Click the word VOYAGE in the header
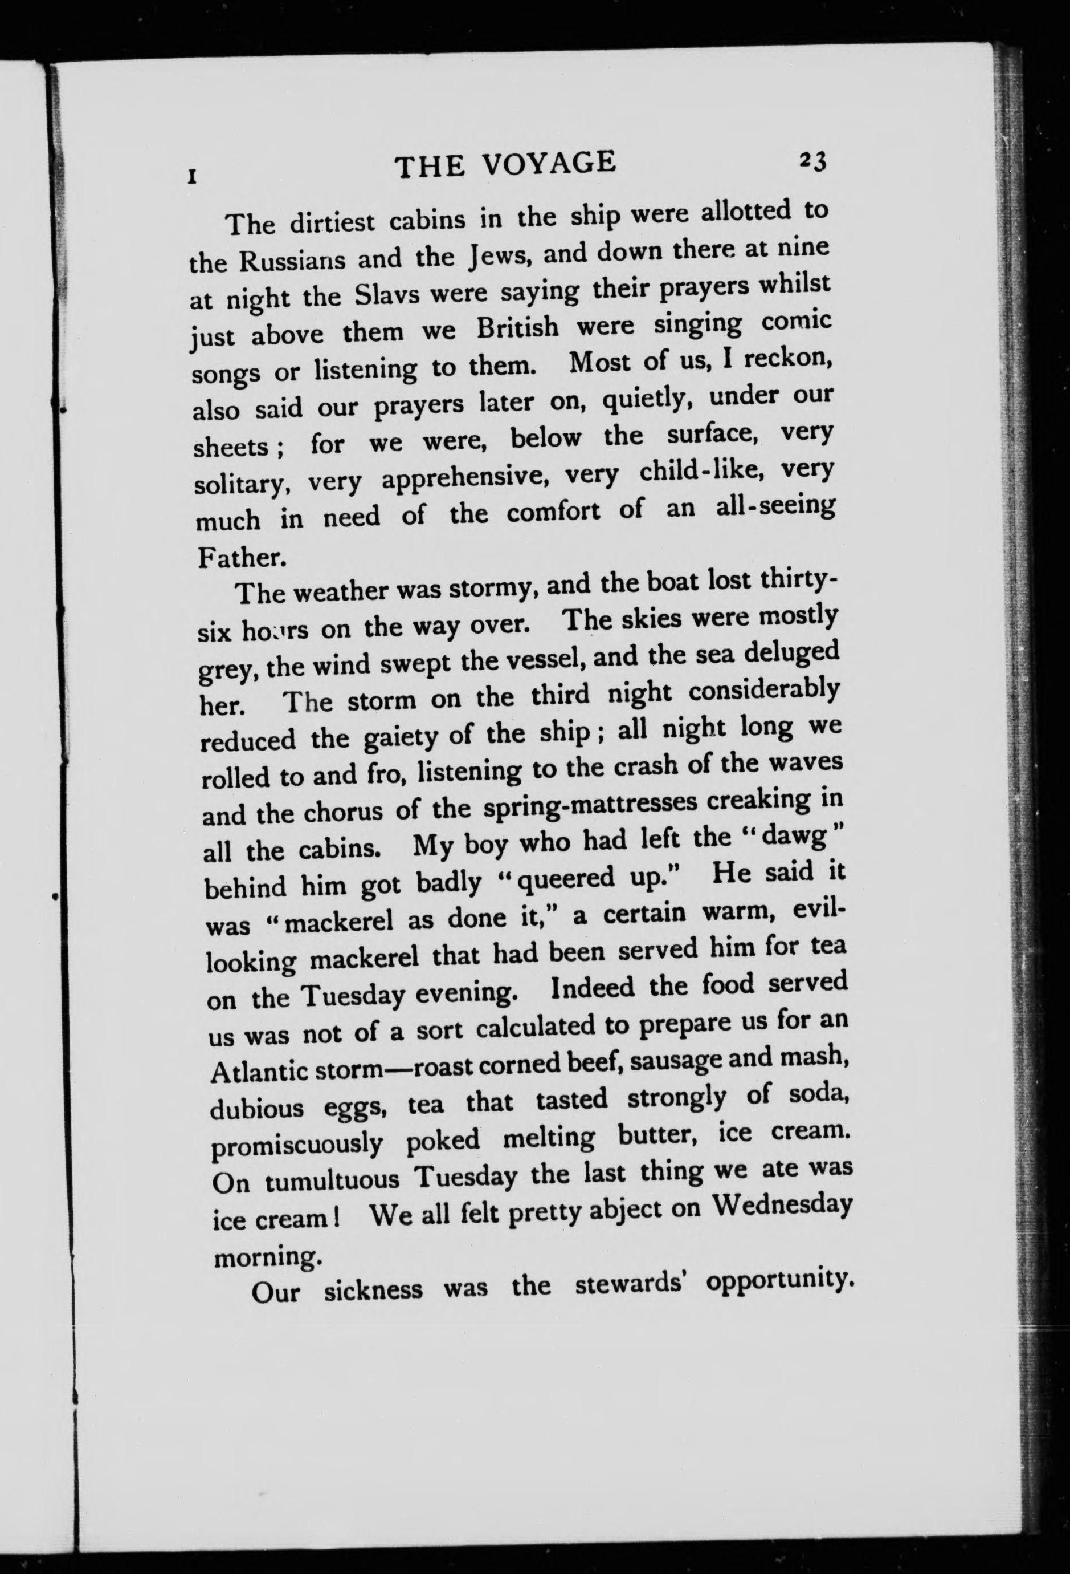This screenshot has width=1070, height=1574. point(547,165)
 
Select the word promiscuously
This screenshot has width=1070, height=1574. point(298,1147)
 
